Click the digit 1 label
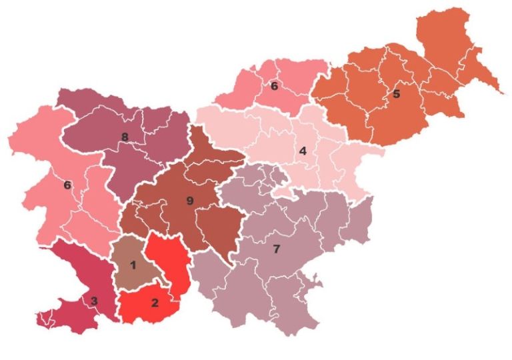point(133,265)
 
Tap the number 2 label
point(155,303)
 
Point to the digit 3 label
point(94,301)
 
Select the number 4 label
point(303,151)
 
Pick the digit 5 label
point(397,94)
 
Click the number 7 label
point(277,250)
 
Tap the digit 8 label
point(125,137)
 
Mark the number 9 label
point(190,200)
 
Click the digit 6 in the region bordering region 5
point(274,86)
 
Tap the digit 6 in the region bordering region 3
point(67,185)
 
